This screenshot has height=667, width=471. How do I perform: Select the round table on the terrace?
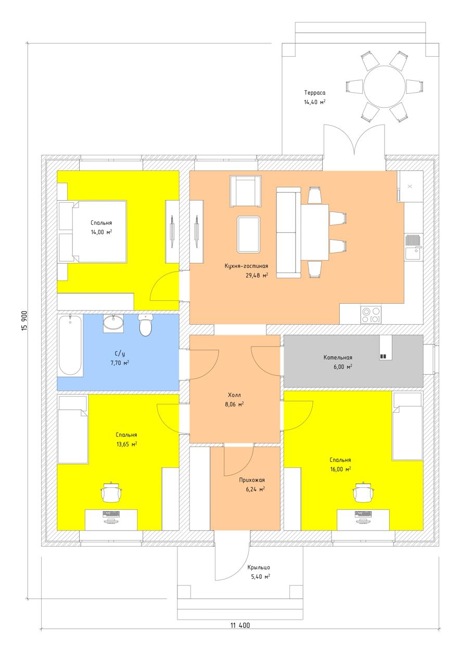pos(384,86)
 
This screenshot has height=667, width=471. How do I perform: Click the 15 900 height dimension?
pos(25,320)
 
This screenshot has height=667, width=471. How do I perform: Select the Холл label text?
pos(234,395)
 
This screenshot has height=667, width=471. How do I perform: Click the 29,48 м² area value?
pos(257,275)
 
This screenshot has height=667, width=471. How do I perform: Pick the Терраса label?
pos(314,93)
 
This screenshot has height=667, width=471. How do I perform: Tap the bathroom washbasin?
pos(113,323)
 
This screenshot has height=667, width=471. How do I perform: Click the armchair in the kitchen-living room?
pos(246,191)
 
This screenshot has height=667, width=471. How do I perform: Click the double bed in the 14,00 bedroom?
pos(93,232)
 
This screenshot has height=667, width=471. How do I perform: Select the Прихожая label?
pos(252,480)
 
